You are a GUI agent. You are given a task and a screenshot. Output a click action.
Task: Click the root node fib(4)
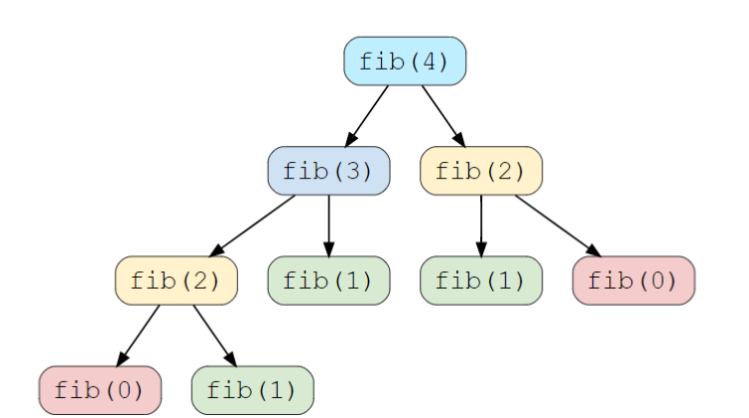[405, 62]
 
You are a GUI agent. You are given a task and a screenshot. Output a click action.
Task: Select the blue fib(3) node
[328, 171]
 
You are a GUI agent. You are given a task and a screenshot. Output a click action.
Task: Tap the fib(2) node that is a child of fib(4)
[481, 171]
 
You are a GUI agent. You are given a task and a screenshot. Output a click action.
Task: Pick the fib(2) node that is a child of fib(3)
[176, 280]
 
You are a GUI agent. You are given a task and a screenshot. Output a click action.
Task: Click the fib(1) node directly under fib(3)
[328, 280]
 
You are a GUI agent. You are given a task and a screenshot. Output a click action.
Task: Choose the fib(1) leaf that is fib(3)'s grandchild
[252, 389]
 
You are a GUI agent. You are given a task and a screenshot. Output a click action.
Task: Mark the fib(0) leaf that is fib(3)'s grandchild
[99, 389]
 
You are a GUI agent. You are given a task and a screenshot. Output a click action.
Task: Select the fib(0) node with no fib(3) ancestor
[634, 280]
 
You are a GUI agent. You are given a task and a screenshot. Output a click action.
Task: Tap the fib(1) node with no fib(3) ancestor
[481, 280]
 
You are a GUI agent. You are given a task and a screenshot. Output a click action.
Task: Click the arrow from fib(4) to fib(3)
[367, 115]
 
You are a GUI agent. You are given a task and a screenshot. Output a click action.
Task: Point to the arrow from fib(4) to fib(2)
[442, 115]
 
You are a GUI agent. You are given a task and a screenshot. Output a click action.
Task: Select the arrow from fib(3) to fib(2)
[253, 224]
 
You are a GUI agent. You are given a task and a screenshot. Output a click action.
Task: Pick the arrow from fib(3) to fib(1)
[328, 224]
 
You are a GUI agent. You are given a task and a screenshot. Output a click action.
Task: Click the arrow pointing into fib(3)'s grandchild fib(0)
[138, 335]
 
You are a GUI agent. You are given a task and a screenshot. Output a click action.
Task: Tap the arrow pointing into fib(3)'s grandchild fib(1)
[213, 335]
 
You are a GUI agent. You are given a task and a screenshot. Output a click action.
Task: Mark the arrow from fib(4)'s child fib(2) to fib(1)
[481, 224]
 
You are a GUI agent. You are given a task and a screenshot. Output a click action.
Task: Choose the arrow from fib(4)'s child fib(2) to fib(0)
[558, 224]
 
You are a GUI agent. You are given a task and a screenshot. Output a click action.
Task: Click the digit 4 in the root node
[430, 62]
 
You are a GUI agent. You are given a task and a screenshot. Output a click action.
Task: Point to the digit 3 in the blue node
[353, 171]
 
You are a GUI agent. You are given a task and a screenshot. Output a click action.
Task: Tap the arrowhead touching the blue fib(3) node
[350, 140]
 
